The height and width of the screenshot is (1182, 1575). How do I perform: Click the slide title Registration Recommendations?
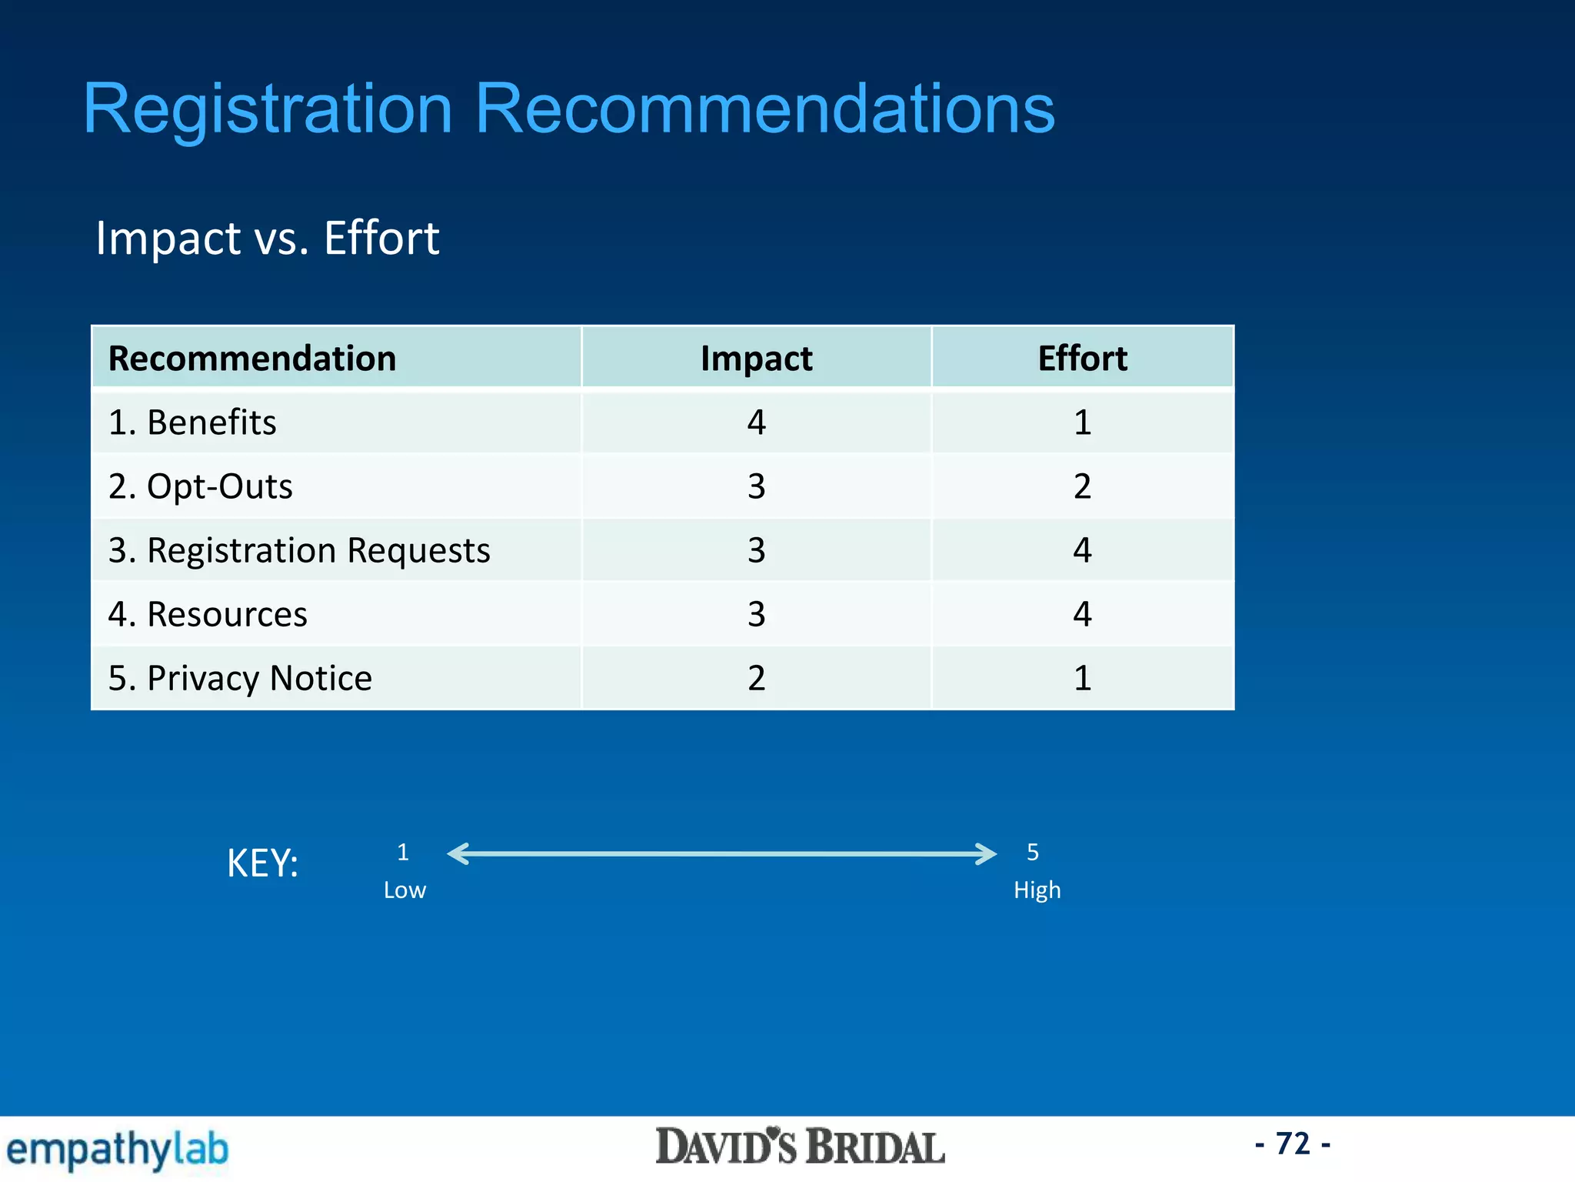[x=568, y=109]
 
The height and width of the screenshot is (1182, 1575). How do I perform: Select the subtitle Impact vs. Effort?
[x=267, y=238]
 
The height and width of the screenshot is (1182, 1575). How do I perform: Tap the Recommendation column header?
[x=252, y=359]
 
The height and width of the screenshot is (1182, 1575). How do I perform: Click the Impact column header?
[x=756, y=359]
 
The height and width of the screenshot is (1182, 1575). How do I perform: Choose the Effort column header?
[x=1082, y=359]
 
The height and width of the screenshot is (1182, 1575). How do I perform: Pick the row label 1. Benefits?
[x=192, y=422]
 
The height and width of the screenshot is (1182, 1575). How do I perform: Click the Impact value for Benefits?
[x=756, y=422]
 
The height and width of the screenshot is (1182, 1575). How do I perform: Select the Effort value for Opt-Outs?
[x=1082, y=486]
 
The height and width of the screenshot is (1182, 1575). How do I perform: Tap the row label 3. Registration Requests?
[x=299, y=550]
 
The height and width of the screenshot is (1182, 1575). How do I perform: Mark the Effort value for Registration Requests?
[x=1082, y=550]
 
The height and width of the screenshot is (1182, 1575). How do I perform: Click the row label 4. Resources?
[x=208, y=614]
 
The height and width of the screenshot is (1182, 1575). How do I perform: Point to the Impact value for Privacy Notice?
[x=756, y=678]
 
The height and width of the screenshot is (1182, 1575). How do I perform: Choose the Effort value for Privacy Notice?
[x=1082, y=678]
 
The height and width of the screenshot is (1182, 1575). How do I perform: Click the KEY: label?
[x=262, y=863]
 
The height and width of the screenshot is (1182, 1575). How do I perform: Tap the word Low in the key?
[x=405, y=890]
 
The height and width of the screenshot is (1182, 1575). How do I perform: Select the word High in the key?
[x=1037, y=890]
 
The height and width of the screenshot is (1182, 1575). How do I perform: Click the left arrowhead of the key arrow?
[x=458, y=853]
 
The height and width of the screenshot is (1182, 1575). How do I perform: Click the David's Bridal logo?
[x=800, y=1147]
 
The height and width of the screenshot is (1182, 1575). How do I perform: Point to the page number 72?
[x=1293, y=1144]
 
